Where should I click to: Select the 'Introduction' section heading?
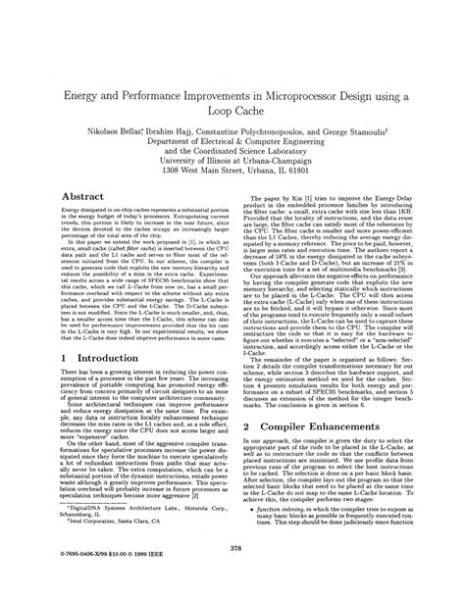(105, 360)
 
